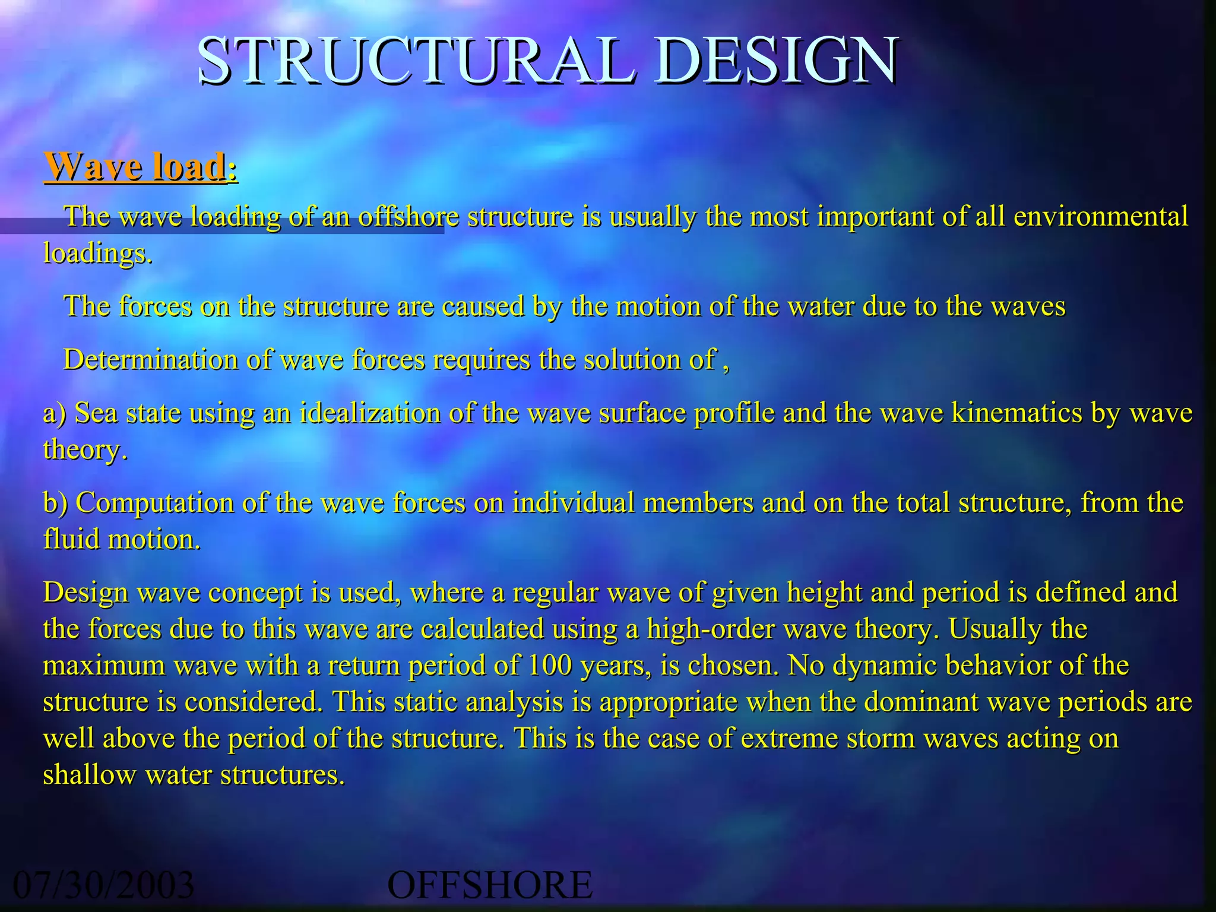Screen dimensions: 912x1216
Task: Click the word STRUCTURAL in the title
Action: [416, 61]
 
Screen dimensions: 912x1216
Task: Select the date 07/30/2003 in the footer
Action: [104, 885]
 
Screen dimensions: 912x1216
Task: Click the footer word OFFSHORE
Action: [490, 885]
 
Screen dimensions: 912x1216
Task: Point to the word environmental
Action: [1100, 216]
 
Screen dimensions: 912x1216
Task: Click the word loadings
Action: [97, 254]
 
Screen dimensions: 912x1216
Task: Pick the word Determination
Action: [151, 360]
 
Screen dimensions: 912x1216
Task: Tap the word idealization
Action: [370, 413]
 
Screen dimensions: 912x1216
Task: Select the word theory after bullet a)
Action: [84, 450]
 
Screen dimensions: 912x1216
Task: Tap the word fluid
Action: [71, 540]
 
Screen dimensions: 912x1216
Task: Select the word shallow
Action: [89, 775]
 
